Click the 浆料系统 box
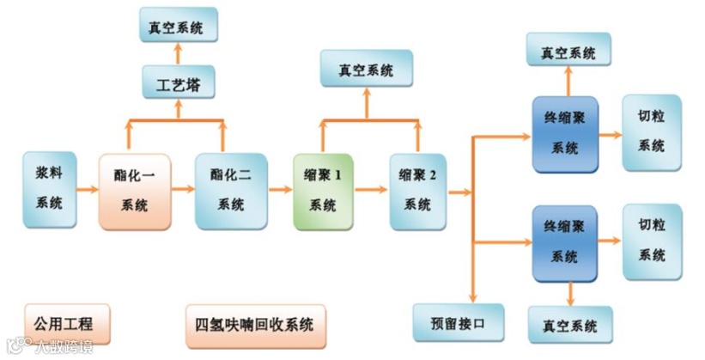point(50,190)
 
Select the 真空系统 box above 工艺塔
point(177,27)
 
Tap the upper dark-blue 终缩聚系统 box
point(564,133)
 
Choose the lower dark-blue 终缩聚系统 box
point(564,243)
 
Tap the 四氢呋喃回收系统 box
point(255,325)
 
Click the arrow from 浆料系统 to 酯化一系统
point(88,191)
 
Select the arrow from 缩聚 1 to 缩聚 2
point(371,191)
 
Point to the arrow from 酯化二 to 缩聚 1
point(280,191)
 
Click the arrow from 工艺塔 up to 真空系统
point(178,53)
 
